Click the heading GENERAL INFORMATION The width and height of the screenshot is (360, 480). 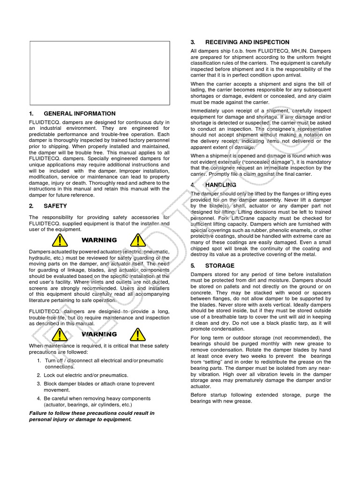click(79, 113)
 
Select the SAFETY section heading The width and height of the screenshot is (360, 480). click(55, 206)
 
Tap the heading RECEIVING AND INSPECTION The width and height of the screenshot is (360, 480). click(247, 42)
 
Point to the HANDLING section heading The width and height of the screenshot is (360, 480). click(221, 185)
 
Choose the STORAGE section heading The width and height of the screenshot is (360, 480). click(219, 266)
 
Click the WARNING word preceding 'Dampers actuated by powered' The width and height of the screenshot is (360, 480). click(99, 240)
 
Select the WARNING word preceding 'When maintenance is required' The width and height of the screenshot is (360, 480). click(99, 334)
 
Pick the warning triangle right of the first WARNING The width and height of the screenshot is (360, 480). click(137, 241)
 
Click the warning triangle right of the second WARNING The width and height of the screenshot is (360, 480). click(137, 335)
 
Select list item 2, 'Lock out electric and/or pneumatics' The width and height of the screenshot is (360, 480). click(86, 375)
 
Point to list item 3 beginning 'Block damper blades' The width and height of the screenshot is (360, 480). click(98, 387)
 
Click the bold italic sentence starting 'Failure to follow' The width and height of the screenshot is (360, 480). click(92, 416)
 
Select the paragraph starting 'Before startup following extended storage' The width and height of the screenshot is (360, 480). click(261, 398)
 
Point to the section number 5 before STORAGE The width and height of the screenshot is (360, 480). click(193, 266)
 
